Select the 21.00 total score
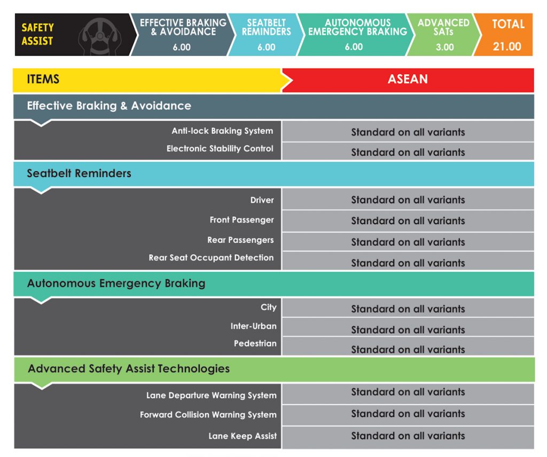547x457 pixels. (x=506, y=46)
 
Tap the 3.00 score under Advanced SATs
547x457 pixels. (x=444, y=47)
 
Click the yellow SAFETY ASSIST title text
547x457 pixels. (x=37, y=34)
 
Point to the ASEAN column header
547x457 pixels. (x=408, y=80)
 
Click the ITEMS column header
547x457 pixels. (x=43, y=80)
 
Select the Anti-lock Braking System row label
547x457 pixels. (x=222, y=131)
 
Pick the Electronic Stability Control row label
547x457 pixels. (x=220, y=148)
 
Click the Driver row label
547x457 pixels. (x=262, y=200)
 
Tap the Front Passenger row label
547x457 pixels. (x=241, y=219)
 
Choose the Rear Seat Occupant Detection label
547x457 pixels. (x=211, y=257)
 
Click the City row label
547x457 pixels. (x=268, y=307)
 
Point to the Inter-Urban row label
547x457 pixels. (x=253, y=326)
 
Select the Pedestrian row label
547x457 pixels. (x=255, y=343)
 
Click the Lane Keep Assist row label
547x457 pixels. (x=243, y=436)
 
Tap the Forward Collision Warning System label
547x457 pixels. (x=208, y=414)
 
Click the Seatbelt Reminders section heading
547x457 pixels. (x=79, y=173)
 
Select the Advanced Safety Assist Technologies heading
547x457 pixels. (x=129, y=368)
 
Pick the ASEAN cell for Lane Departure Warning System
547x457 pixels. (x=408, y=392)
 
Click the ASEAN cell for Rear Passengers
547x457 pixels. (x=408, y=242)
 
